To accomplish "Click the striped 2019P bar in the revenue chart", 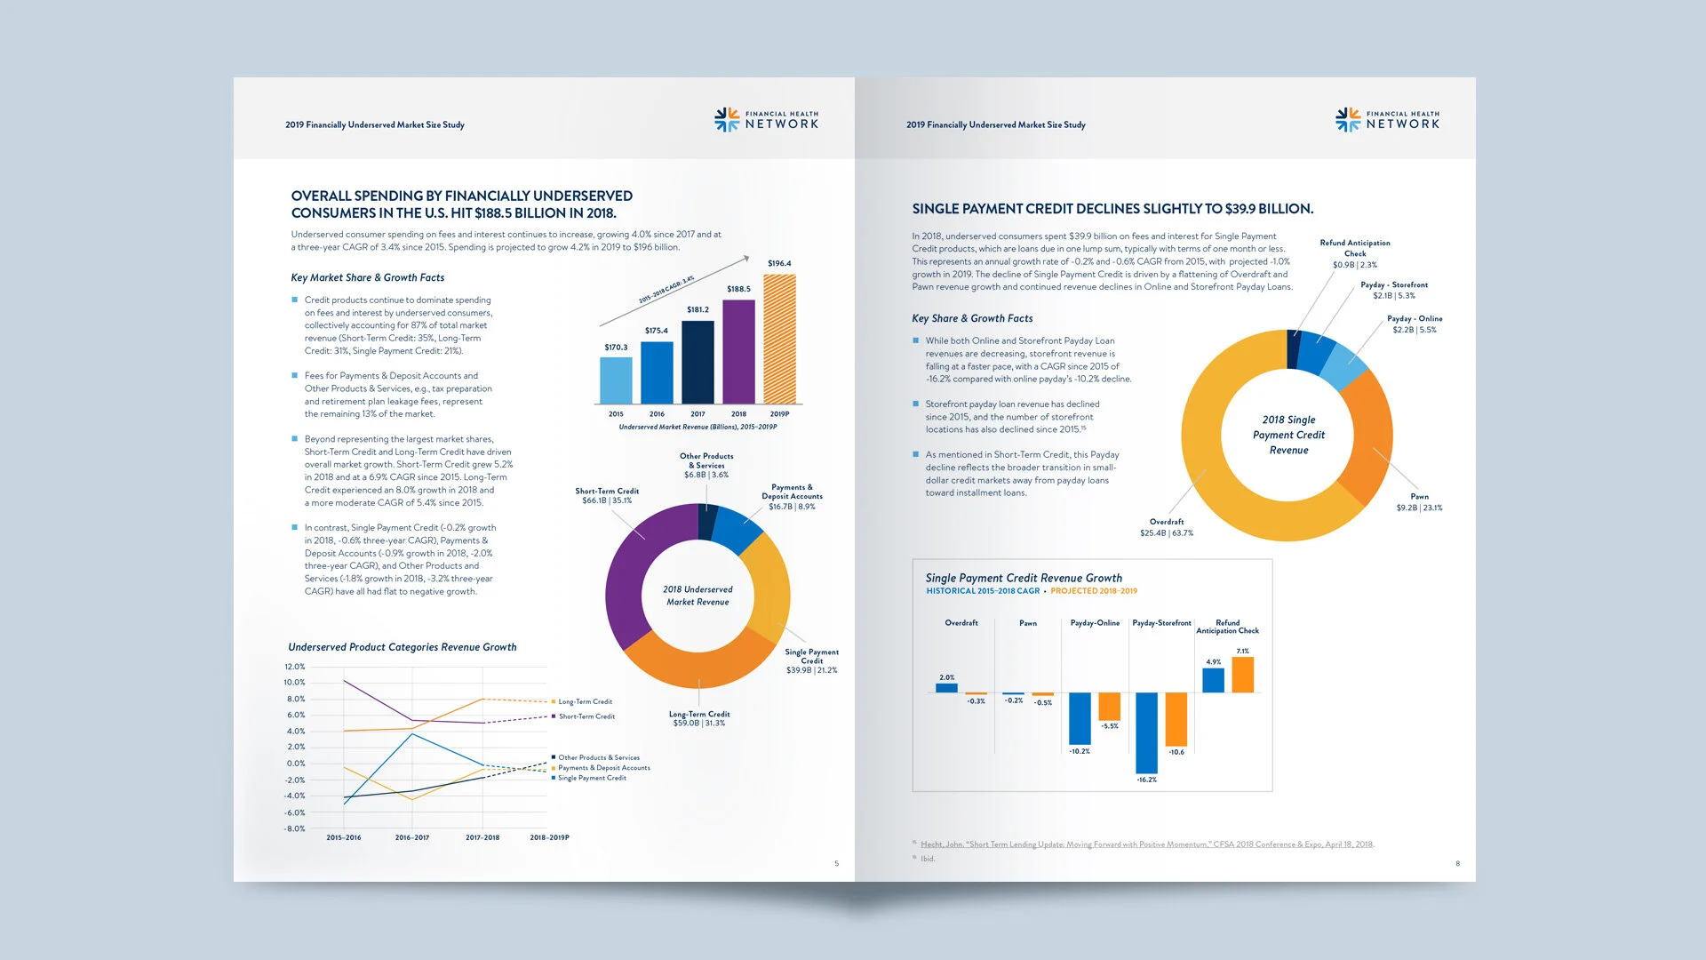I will [x=779, y=340].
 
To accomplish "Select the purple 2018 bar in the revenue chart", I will [x=738, y=352].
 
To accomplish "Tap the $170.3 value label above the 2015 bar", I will [x=616, y=348].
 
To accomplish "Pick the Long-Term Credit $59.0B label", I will [x=699, y=718].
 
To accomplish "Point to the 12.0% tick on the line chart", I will [x=294, y=667].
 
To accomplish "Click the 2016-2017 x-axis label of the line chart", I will [x=411, y=837].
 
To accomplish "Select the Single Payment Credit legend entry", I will [x=591, y=778].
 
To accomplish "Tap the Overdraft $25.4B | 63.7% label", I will [x=1167, y=528].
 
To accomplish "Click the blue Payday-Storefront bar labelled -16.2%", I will [x=1146, y=733].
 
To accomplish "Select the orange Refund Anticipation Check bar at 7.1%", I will [x=1243, y=675].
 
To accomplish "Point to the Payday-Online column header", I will [x=1095, y=623].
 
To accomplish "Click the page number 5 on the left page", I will [x=836, y=863].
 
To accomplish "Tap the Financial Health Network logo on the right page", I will [x=1387, y=120].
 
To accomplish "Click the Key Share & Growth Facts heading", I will [x=972, y=318].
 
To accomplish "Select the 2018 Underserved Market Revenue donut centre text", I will [x=698, y=596].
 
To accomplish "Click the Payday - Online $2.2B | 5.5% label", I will [x=1415, y=324].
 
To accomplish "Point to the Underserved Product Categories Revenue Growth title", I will [x=402, y=647].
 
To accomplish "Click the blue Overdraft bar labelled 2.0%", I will [x=947, y=687].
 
